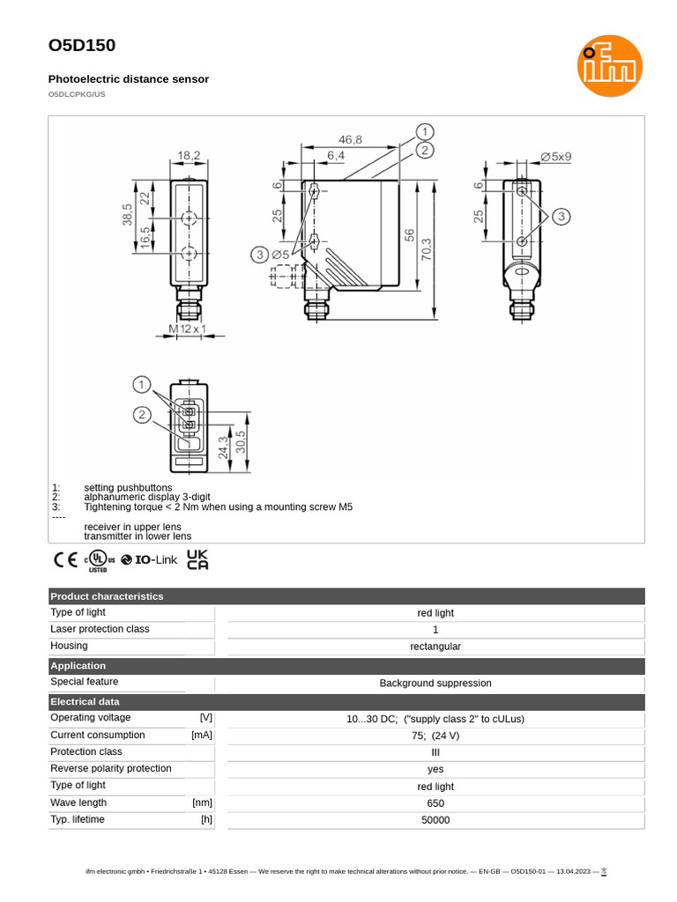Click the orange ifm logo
click(609, 66)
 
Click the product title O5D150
click(82, 46)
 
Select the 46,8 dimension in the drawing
click(352, 139)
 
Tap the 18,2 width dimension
click(189, 155)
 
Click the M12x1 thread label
click(187, 329)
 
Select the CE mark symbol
click(65, 559)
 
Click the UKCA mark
click(197, 559)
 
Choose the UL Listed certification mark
click(100, 560)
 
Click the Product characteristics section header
click(107, 596)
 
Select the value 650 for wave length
click(435, 803)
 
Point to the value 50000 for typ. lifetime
click(435, 820)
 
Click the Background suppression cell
click(435, 683)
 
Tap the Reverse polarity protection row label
click(111, 768)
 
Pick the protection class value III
click(435, 752)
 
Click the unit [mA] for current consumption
click(202, 735)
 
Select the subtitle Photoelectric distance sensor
click(129, 79)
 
